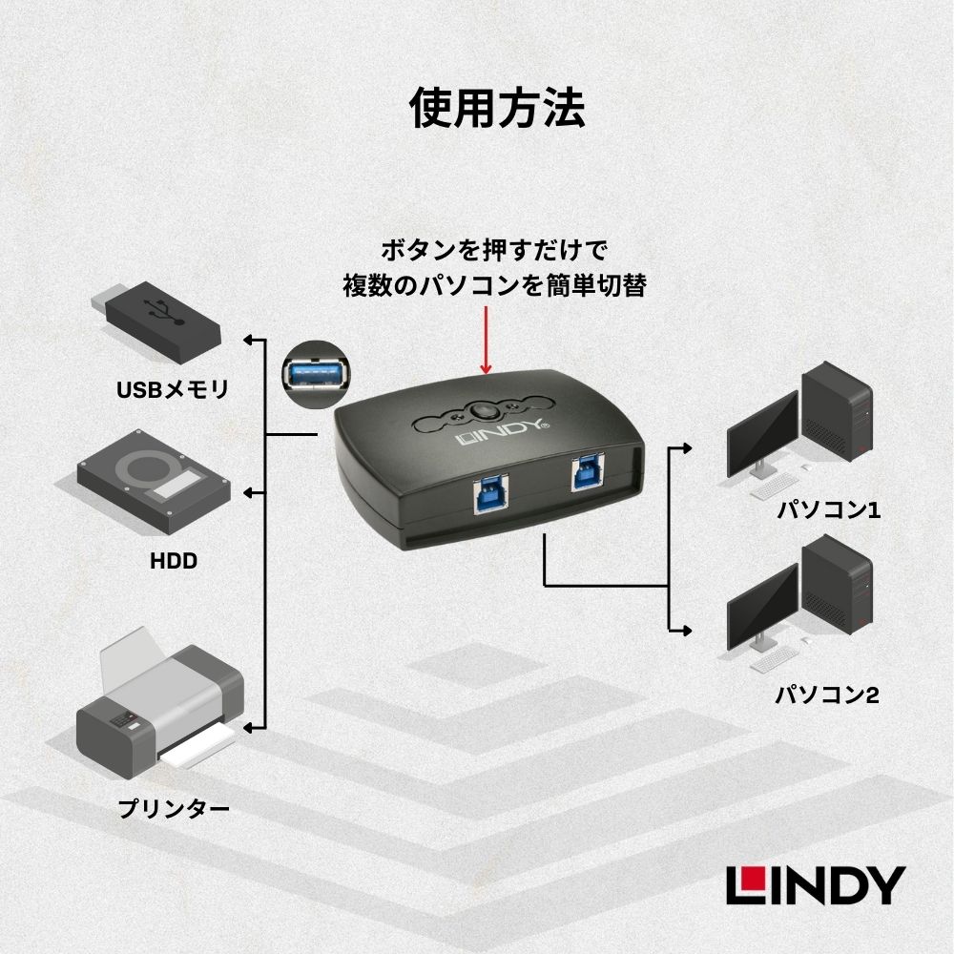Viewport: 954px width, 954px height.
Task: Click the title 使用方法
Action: click(x=496, y=108)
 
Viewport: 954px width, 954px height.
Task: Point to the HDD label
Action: click(x=173, y=561)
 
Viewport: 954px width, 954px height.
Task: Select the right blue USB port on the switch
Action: click(x=585, y=473)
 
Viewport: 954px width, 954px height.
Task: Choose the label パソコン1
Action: click(x=827, y=510)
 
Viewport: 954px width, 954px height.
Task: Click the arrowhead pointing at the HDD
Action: click(x=251, y=492)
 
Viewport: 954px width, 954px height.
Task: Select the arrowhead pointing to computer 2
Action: click(x=684, y=630)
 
